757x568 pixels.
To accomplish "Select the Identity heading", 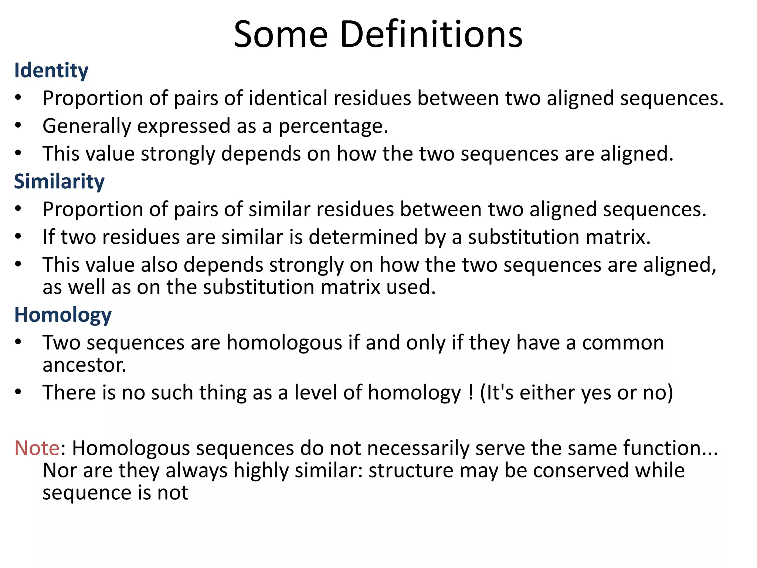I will point(51,70).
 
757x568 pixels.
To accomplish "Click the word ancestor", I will point(84,365).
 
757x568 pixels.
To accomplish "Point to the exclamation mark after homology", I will point(471,392).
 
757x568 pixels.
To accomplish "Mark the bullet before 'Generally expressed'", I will point(18,126).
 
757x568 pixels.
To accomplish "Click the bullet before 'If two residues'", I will point(18,237).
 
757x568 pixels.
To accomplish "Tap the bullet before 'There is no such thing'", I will point(18,392).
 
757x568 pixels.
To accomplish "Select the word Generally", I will point(87,126).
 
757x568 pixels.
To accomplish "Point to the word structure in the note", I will point(411,470).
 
